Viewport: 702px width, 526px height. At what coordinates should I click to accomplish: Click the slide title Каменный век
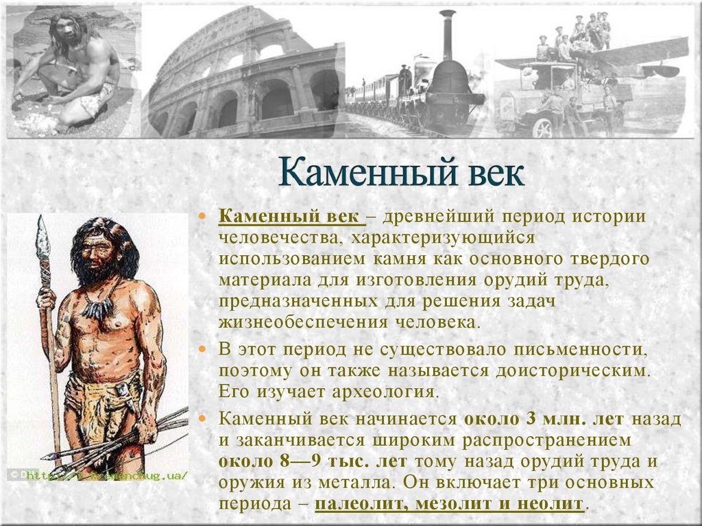(402, 172)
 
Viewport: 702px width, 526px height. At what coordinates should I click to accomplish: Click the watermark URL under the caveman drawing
(110, 474)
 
